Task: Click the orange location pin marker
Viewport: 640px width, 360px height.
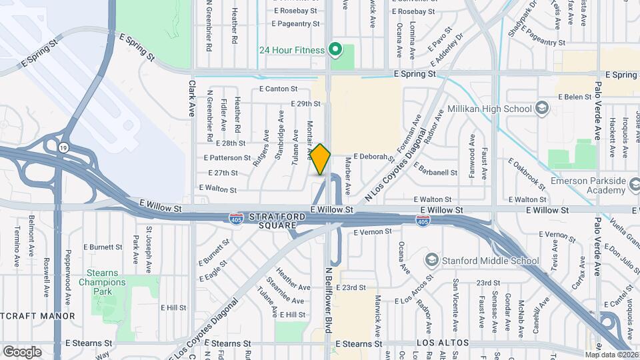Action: (321, 159)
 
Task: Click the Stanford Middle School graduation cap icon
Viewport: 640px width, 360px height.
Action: (432, 260)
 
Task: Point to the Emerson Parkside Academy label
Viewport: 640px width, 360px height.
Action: (589, 185)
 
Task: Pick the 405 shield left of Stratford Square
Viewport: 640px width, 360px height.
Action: (236, 218)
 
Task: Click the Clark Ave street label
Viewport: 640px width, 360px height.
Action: (191, 99)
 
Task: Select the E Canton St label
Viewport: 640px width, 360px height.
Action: (278, 89)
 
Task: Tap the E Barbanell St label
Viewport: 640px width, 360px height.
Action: (435, 172)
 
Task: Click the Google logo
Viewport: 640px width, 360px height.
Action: (22, 351)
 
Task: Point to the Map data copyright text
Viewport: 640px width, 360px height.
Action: (611, 355)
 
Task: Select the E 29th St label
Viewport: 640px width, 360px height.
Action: (306, 104)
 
